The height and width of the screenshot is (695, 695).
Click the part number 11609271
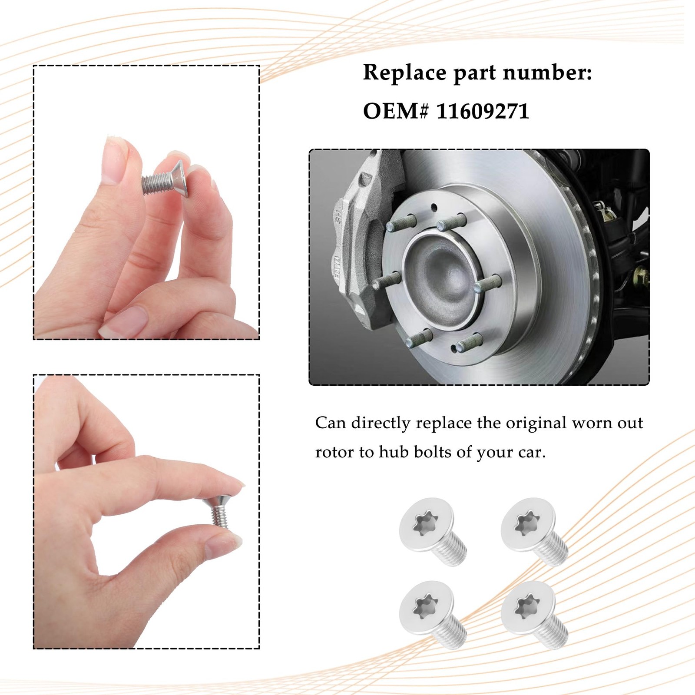(x=483, y=111)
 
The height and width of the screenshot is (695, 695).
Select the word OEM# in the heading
(x=396, y=111)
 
